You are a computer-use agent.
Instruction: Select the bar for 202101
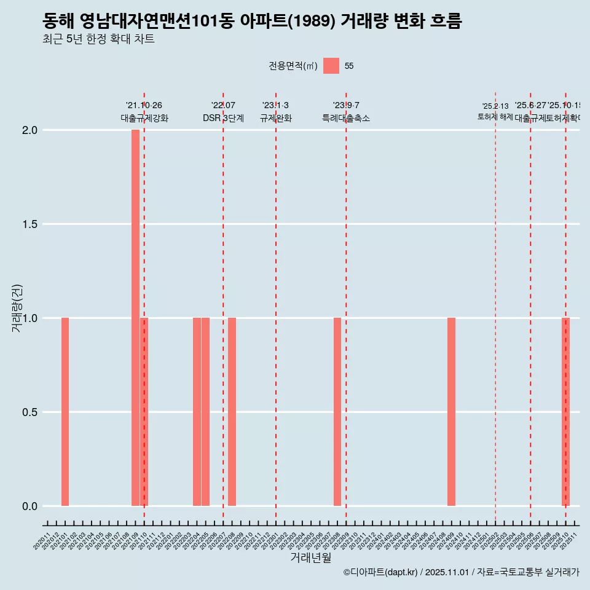pos(65,412)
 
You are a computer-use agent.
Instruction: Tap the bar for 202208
pos(232,412)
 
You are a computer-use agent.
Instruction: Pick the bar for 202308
pos(337,412)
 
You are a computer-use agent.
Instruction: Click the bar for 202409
pos(451,412)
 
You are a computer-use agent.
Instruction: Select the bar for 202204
pos(197,412)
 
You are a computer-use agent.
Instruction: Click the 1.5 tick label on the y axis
pos(29,224)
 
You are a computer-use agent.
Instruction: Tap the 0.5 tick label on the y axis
pos(29,412)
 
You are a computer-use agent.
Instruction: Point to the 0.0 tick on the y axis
pos(29,506)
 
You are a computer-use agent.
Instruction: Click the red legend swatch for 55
pos(331,66)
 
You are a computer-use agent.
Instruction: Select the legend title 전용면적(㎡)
pos(293,66)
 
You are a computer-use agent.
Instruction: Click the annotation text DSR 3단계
pos(223,119)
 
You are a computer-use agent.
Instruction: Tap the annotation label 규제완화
pos(275,119)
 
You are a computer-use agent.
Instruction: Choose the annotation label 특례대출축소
pos(346,119)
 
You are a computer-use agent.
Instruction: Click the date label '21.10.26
pos(144,106)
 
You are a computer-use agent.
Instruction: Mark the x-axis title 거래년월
pos(310,558)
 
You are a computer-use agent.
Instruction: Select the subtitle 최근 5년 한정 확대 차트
pos(98,39)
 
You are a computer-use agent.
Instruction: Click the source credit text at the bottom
pos(461,572)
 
